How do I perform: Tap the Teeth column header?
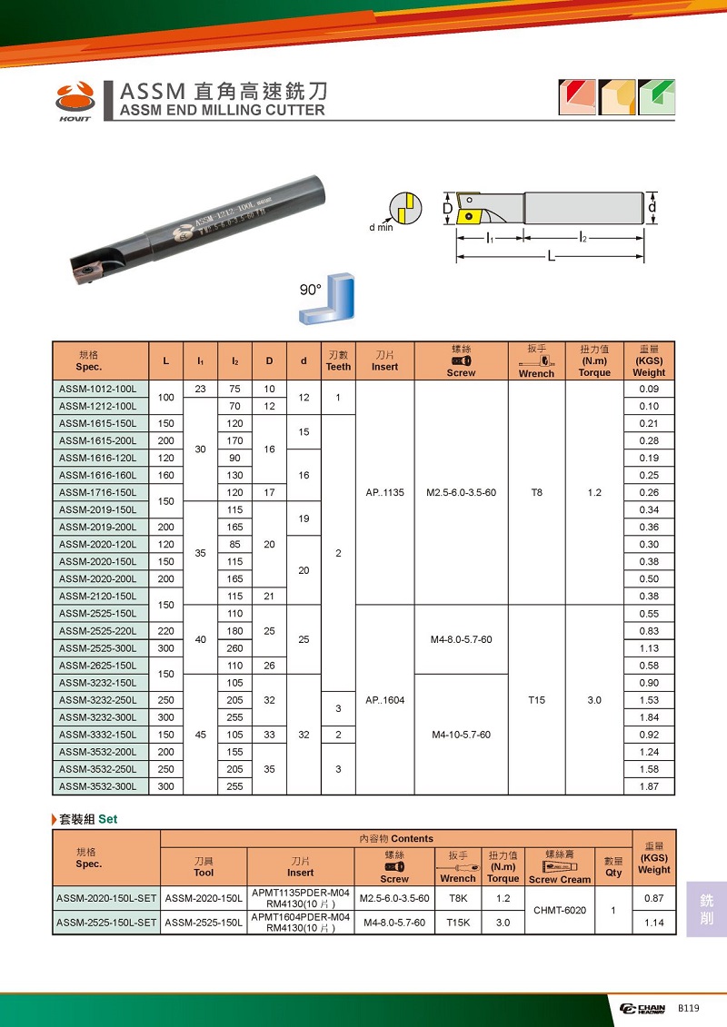(338, 360)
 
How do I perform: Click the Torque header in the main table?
(594, 360)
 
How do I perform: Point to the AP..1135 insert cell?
(384, 492)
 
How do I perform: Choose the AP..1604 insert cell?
(384, 700)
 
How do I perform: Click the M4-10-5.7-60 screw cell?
(461, 735)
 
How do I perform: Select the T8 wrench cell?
(536, 492)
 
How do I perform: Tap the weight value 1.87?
(649, 786)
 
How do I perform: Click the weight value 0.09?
(649, 389)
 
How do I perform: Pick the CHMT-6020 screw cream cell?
(560, 910)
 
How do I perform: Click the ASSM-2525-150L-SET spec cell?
(107, 923)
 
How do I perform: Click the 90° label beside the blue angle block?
(311, 291)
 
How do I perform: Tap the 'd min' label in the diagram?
(381, 227)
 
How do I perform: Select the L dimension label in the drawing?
(551, 258)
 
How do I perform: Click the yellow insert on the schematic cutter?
(472, 217)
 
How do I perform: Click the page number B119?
(689, 1009)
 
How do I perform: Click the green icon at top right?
(655, 96)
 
